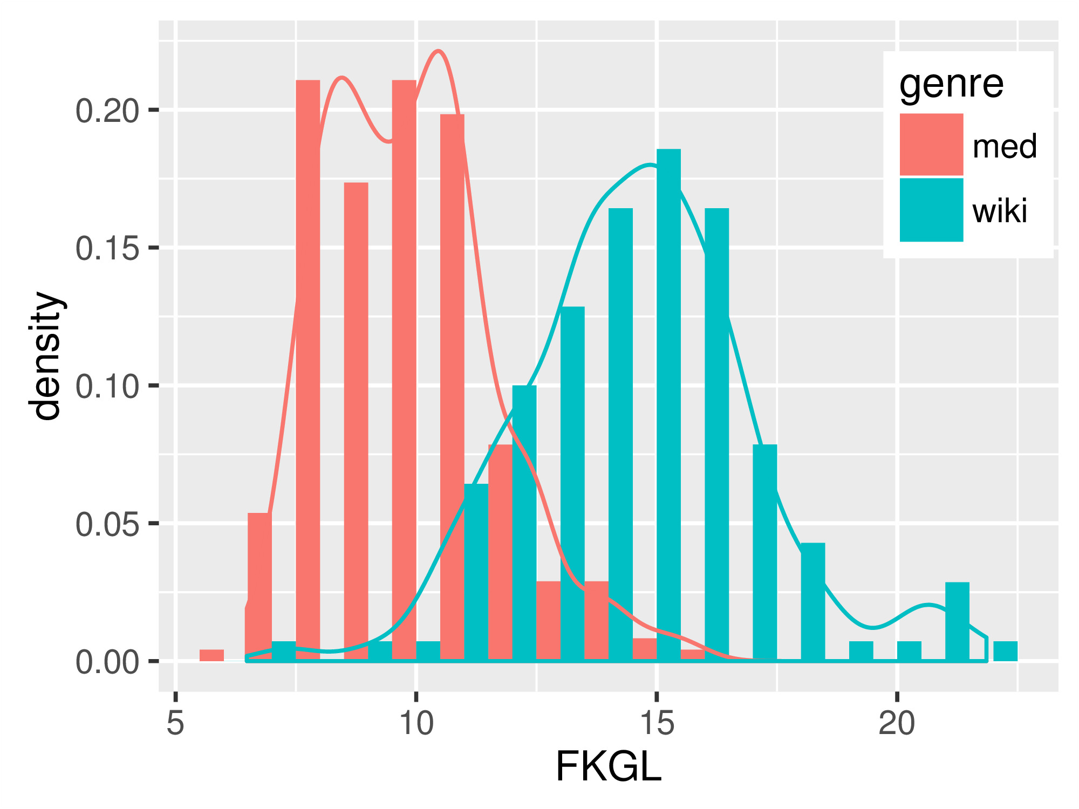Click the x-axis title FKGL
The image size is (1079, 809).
pos(608,766)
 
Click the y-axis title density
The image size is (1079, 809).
pos(46,356)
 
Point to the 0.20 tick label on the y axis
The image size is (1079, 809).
pos(107,112)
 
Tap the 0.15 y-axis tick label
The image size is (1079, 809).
pos(107,249)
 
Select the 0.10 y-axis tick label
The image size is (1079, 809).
pos(107,387)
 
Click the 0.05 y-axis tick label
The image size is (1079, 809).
pos(107,525)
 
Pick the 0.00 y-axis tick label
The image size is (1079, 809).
pos(107,662)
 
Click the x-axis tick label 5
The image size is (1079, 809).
pos(175,723)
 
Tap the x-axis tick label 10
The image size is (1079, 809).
pos(416,723)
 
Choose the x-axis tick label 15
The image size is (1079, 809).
pos(657,723)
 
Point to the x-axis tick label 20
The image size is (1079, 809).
pos(897,723)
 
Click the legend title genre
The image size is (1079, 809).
pos(951,84)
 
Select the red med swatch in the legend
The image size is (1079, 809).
pos(931,145)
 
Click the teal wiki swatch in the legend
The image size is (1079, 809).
pos(931,209)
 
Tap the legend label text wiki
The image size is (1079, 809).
pos(1000,211)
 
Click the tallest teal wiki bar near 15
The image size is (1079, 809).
pos(668,404)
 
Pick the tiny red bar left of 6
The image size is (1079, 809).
pos(211,655)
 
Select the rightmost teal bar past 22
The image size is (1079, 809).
pos(1005,651)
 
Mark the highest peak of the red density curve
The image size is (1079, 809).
pos(439,51)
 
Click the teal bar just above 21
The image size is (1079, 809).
pos(957,620)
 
